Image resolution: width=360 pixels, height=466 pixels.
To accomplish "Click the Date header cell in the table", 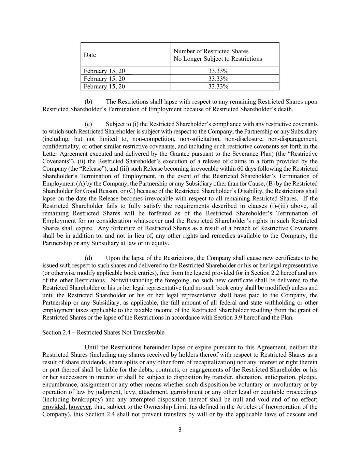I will pos(90,55).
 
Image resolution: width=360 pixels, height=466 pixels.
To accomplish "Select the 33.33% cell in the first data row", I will pos(218,71).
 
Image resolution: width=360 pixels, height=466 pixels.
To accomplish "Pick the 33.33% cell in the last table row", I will pos(218,86).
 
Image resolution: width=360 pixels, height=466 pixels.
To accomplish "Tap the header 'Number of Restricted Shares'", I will pos(211,51).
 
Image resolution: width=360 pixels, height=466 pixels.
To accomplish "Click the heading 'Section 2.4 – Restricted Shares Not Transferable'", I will pos(103,333).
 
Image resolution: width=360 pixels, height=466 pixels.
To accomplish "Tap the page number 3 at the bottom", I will pos(180,430).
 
